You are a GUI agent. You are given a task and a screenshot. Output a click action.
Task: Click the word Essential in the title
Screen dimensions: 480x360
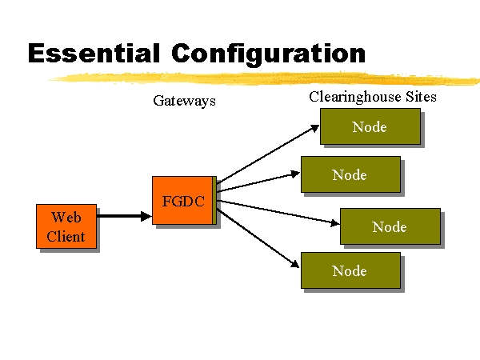(x=94, y=54)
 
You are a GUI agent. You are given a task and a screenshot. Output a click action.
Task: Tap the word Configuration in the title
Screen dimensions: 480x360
(x=269, y=54)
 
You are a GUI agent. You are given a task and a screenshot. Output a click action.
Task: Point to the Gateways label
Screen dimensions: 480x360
(x=184, y=101)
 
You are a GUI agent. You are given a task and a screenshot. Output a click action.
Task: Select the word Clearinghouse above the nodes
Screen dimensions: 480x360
(x=354, y=97)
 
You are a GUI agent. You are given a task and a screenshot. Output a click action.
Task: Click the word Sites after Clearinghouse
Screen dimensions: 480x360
(x=421, y=97)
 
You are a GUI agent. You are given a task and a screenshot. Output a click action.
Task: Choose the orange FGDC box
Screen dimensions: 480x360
(x=184, y=201)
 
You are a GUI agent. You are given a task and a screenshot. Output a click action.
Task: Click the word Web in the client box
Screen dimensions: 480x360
(x=66, y=218)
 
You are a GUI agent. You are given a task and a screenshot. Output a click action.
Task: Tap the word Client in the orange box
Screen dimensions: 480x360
(x=66, y=237)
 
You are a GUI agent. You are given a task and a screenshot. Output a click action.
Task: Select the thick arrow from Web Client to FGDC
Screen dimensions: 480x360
(x=124, y=216)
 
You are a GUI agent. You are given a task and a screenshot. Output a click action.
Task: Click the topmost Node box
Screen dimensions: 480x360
(x=370, y=126)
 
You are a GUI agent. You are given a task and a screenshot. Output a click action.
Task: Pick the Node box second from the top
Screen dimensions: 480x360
(x=351, y=174)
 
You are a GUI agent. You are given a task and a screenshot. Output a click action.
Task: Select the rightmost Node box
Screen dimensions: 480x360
(x=390, y=226)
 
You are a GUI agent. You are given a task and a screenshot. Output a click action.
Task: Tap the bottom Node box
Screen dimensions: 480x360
(x=351, y=270)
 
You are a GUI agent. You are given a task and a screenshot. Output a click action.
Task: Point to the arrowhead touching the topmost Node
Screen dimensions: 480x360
(x=315, y=128)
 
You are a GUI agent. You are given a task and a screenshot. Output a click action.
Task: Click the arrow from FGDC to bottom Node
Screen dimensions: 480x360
(x=258, y=238)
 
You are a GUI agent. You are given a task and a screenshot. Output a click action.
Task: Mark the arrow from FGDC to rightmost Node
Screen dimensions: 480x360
(x=278, y=213)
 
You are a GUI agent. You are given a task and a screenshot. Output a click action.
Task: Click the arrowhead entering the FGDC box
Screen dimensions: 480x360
(x=146, y=216)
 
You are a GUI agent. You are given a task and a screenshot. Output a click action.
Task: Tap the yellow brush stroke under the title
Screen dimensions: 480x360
(x=264, y=78)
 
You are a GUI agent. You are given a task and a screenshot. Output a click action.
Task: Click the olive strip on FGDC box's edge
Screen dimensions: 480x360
(x=214, y=201)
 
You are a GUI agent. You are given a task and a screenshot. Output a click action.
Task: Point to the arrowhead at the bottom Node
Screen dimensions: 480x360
(x=294, y=264)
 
